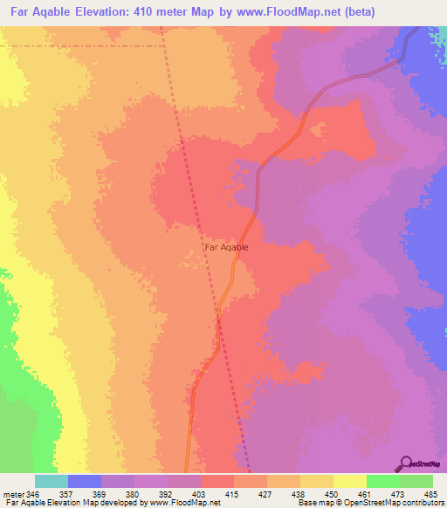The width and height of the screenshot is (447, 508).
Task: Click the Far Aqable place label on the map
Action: click(226, 247)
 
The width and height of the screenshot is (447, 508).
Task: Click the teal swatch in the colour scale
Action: click(52, 481)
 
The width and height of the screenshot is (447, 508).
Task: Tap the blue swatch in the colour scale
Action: click(85, 481)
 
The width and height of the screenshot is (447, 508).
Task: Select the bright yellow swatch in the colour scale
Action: click(350, 481)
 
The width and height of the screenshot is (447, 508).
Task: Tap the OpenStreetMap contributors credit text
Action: click(384, 504)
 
